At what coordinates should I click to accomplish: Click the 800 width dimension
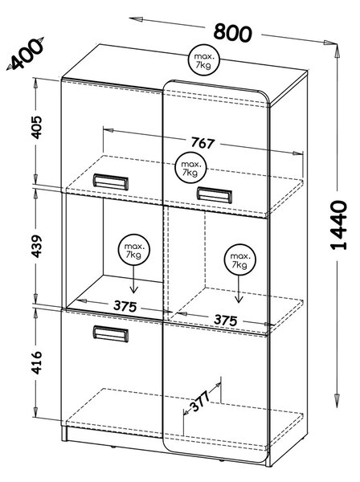(233, 32)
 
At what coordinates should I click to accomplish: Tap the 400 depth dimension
(27, 55)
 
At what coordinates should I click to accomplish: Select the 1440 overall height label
(339, 225)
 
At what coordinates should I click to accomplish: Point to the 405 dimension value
(37, 127)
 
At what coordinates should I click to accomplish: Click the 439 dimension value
(37, 246)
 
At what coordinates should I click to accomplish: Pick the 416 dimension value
(37, 362)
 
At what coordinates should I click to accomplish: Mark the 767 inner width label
(202, 143)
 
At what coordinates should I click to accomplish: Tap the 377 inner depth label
(200, 401)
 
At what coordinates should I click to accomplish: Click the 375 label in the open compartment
(125, 306)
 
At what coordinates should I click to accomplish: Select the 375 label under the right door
(226, 320)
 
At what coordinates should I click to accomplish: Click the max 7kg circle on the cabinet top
(204, 60)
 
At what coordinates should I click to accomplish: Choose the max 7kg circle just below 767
(190, 168)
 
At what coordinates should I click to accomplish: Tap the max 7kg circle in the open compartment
(133, 250)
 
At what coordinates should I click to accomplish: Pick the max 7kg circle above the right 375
(239, 260)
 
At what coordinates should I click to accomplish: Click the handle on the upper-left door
(111, 182)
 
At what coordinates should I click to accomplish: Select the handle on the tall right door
(215, 195)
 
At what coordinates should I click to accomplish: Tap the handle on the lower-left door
(111, 334)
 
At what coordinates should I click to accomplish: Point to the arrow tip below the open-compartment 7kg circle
(133, 293)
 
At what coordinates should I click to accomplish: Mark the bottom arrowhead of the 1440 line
(337, 401)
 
